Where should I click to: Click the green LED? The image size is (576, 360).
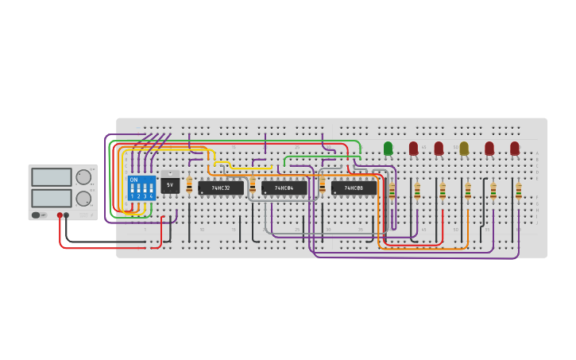[388, 148]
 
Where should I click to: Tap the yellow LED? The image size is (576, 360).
[464, 148]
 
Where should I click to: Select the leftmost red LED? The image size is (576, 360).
[413, 148]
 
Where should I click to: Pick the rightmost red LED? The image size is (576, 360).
[515, 148]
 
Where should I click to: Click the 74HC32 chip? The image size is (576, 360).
[221, 188]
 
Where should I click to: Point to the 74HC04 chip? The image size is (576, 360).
[284, 188]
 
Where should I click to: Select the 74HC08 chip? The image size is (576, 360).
[354, 188]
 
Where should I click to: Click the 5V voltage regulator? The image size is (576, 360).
[170, 184]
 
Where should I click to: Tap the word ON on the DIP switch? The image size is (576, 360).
[133, 180]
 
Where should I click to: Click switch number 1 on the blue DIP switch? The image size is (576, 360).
[132, 192]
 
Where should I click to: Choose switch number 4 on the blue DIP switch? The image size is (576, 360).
[151, 192]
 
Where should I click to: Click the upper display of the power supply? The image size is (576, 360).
[52, 177]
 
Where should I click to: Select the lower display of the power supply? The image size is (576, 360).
[52, 197]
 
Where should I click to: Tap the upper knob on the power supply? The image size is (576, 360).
[83, 177]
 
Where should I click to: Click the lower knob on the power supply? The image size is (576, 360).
[83, 198]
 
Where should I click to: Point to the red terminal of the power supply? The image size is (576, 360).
[60, 215]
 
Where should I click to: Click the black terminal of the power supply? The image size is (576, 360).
[67, 215]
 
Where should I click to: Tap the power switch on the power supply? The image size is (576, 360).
[37, 215]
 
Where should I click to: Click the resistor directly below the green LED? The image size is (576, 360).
[392, 191]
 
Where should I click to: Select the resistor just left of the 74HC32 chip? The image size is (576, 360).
[189, 186]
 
